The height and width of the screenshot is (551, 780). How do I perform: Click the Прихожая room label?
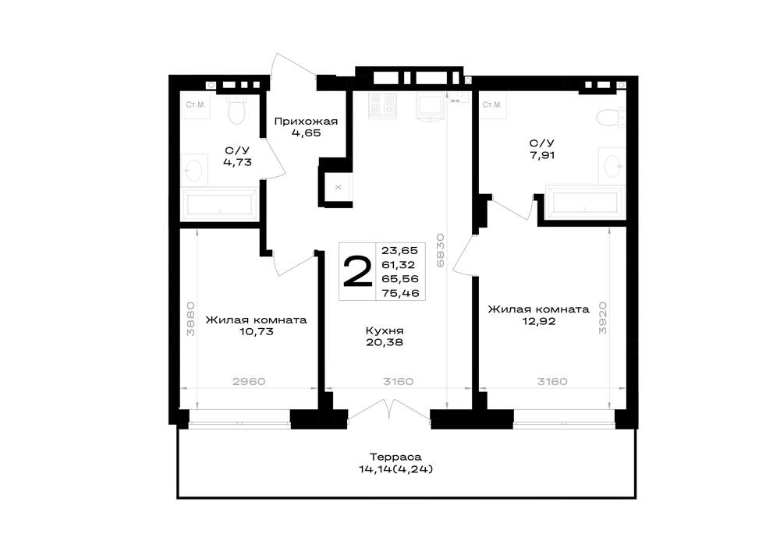(x=306, y=122)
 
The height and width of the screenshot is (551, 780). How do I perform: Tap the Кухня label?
(x=385, y=331)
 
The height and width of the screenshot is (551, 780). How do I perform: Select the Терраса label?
(x=395, y=457)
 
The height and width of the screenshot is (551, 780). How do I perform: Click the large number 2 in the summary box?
(x=358, y=271)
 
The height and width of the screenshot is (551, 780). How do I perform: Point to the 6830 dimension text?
(x=440, y=250)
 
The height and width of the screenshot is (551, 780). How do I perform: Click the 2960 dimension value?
(x=250, y=382)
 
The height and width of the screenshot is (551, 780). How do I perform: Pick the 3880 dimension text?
(x=190, y=319)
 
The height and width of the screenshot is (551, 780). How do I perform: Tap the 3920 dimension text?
(x=602, y=318)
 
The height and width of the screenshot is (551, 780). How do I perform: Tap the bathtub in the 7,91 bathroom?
(x=585, y=202)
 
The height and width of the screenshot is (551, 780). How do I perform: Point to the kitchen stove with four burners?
(x=382, y=105)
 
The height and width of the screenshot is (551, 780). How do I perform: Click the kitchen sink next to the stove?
(x=429, y=108)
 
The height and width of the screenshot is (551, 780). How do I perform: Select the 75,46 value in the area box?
(x=400, y=293)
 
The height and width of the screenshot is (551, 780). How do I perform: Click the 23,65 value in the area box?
(x=400, y=250)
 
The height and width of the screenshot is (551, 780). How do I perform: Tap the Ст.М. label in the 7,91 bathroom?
(x=492, y=105)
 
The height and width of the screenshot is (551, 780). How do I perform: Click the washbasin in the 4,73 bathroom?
(x=194, y=171)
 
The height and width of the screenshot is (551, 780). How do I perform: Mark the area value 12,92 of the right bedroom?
(x=539, y=321)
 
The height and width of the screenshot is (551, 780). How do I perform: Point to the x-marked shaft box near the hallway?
(x=339, y=187)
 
